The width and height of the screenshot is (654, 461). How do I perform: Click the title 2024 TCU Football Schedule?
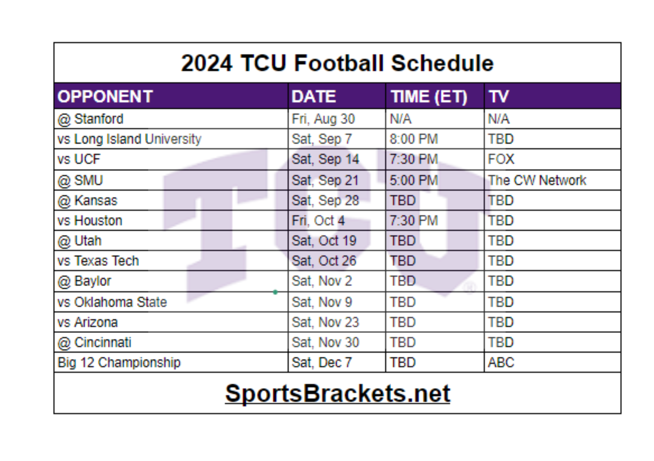(x=337, y=63)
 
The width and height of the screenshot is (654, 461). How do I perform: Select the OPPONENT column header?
(x=105, y=97)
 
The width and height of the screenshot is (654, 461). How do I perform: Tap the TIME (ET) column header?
(x=429, y=97)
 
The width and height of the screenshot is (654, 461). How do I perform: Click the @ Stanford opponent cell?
(x=91, y=119)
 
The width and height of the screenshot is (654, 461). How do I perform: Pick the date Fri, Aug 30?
(x=323, y=119)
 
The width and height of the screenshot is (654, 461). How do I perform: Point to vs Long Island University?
(x=129, y=139)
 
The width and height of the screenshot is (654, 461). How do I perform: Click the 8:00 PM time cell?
(x=414, y=139)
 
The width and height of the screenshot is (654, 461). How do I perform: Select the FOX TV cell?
(x=501, y=159)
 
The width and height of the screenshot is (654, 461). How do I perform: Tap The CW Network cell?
(x=537, y=180)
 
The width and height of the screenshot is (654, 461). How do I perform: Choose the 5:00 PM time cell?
(x=414, y=180)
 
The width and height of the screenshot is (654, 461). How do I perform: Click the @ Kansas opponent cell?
(x=87, y=200)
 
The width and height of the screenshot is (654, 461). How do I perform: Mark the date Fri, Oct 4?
(x=318, y=221)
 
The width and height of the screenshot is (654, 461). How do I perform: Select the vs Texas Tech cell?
(x=98, y=261)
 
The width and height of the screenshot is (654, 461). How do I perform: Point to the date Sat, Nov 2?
(x=321, y=281)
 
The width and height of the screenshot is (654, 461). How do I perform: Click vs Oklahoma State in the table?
(x=112, y=302)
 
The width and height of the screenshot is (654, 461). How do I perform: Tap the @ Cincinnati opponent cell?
(x=94, y=342)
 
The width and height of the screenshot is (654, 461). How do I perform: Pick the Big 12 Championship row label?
(x=119, y=363)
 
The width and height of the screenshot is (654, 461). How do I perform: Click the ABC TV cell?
(x=501, y=363)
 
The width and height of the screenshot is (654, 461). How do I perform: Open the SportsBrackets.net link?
(x=337, y=393)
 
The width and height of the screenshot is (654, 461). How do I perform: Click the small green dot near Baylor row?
(x=275, y=292)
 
